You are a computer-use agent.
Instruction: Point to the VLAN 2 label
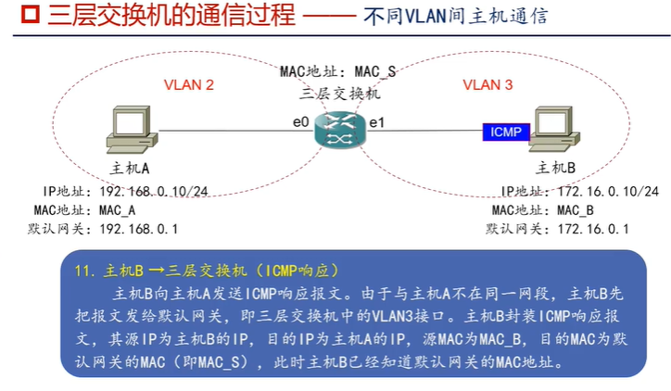coord(189,85)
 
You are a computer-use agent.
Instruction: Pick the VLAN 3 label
coord(487,85)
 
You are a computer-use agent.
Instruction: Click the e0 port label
coord(298,121)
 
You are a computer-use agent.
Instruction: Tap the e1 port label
coord(377,121)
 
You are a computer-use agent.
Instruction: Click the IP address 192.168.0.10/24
coord(154,192)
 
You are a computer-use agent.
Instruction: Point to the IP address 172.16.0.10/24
coord(607,192)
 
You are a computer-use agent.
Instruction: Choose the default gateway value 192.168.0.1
coord(139,228)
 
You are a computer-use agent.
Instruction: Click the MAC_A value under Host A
coord(118,210)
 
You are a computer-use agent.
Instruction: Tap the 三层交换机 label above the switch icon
coord(341,94)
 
